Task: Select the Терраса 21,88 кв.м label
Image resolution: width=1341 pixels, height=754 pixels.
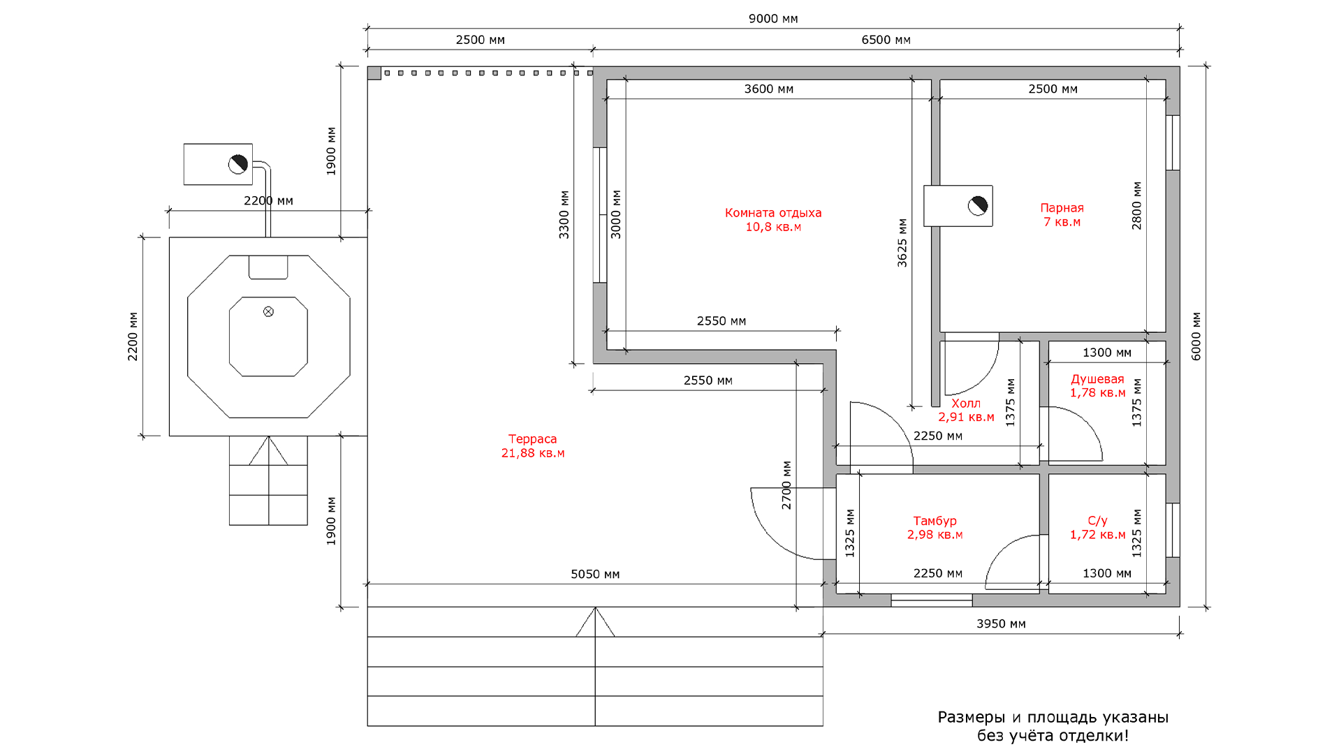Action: (533, 445)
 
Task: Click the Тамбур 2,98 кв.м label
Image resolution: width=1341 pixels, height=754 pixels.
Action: (935, 527)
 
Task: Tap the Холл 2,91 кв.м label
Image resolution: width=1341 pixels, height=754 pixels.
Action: (966, 410)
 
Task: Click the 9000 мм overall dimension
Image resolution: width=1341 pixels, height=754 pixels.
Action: (773, 19)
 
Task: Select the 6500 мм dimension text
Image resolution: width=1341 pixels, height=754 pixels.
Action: (886, 40)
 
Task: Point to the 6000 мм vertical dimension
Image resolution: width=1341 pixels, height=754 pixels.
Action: (1196, 336)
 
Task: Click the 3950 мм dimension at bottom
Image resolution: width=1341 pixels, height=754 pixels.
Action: (1001, 623)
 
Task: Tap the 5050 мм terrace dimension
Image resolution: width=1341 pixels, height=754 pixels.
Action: (595, 574)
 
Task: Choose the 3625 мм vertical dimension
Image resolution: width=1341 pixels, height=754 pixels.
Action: (902, 242)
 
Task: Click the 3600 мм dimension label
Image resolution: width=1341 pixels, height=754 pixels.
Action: (768, 89)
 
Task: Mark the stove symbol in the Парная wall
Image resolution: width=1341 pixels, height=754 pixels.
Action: (958, 206)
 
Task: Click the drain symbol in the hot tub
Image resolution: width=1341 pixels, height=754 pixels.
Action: (268, 311)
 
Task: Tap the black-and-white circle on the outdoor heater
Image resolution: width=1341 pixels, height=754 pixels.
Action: (238, 164)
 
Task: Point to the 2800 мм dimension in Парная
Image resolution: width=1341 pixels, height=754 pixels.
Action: (1136, 205)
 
